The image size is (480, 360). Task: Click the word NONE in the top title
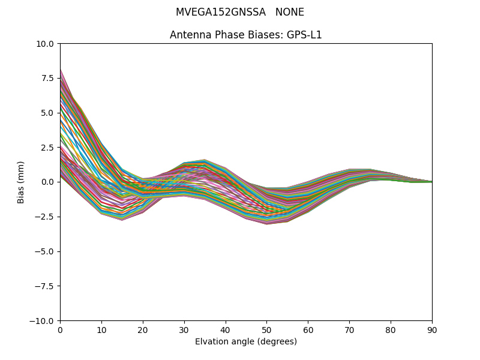290,13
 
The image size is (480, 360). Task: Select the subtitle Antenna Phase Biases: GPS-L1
246,35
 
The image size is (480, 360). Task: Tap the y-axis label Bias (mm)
21,182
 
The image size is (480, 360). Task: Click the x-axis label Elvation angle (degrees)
246,341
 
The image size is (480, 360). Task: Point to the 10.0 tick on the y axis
45,44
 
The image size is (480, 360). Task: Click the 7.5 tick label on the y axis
47,79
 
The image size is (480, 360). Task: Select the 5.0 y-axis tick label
47,113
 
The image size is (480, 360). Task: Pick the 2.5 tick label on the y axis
47,148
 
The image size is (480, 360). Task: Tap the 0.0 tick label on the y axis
47,182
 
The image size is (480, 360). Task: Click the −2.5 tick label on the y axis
44,217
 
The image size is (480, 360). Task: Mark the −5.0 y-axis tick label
44,251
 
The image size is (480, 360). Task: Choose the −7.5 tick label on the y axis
44,286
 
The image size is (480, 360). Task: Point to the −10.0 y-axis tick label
42,321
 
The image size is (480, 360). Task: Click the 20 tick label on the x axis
143,330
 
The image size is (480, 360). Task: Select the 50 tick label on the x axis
266,330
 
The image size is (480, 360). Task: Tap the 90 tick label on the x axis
432,330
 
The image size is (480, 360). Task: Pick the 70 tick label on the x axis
349,330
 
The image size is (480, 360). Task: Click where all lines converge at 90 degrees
431,182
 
